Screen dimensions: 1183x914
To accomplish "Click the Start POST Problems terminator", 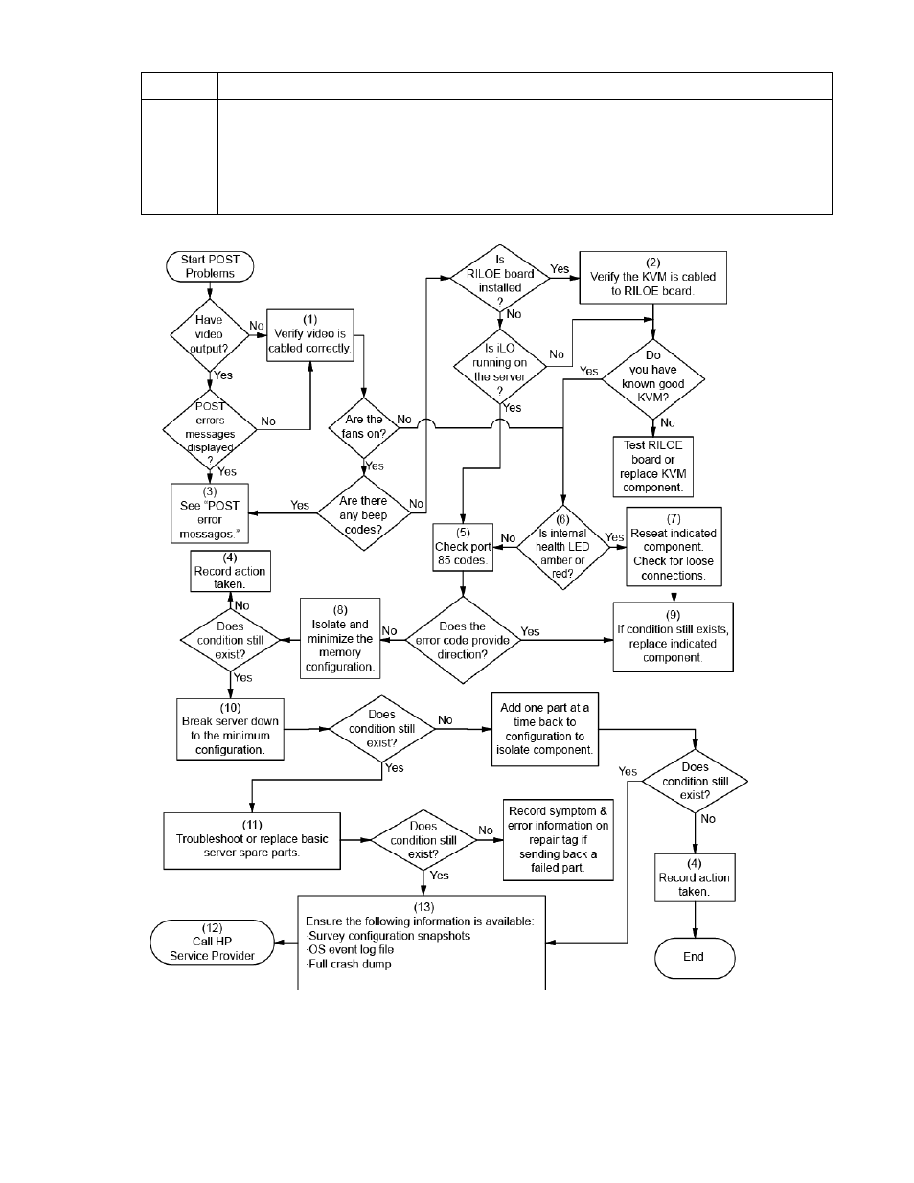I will point(210,266).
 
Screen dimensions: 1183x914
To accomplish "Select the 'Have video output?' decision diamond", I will point(209,334).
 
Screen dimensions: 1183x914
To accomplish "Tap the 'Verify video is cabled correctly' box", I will point(309,334).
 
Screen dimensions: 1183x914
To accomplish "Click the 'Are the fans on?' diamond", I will point(363,426).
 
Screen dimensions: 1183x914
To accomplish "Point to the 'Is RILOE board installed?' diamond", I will point(500,280).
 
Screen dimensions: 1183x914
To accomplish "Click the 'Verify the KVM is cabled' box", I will point(652,277).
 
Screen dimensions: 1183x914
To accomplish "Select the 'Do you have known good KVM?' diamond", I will point(652,376).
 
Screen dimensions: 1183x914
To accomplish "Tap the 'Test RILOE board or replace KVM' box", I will point(652,466).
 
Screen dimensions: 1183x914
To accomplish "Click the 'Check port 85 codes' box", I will point(463,546).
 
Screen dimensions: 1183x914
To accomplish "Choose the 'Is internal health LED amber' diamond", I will point(562,547).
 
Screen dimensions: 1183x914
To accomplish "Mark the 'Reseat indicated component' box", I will point(674,547).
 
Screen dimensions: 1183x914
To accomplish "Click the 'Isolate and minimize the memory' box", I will point(339,639).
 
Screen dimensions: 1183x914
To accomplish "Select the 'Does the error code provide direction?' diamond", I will point(463,640).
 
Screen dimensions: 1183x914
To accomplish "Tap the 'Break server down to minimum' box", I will point(230,729).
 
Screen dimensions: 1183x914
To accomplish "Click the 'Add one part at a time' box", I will point(544,729).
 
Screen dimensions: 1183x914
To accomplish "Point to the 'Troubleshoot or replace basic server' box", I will point(252,840).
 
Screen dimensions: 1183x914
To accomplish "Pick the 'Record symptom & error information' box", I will point(558,840).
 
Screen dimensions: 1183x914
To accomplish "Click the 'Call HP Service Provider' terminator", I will point(212,942).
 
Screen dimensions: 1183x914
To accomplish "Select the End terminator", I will point(694,957).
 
